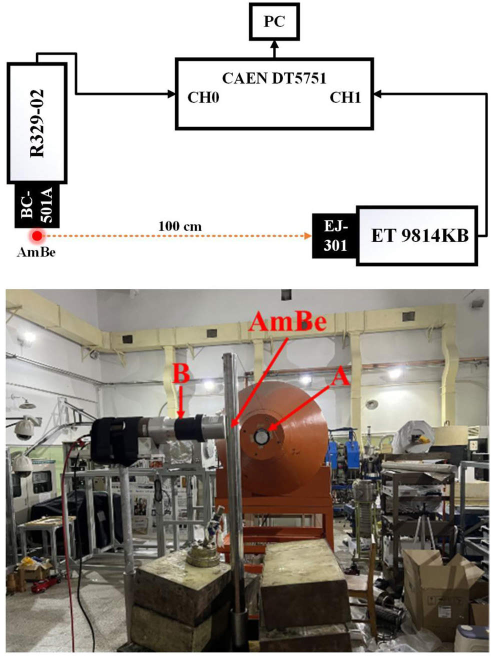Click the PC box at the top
pos(274,21)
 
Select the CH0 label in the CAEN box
pos(203,97)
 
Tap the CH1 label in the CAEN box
pos(345,97)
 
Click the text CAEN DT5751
pos(274,78)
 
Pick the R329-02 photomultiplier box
pos(37,123)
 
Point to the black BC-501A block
pos(36,205)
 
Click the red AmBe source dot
pos(36,235)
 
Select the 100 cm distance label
pos(180,226)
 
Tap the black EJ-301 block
pos(334,236)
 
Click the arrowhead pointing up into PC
pos(274,46)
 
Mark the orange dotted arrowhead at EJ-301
pos(307,235)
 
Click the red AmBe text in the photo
pos(288,321)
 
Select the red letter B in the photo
pos(181,373)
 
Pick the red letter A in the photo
pos(340,376)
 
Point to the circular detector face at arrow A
pos(261,437)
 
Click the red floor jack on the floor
pos(45,582)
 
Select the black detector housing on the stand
pos(112,440)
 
